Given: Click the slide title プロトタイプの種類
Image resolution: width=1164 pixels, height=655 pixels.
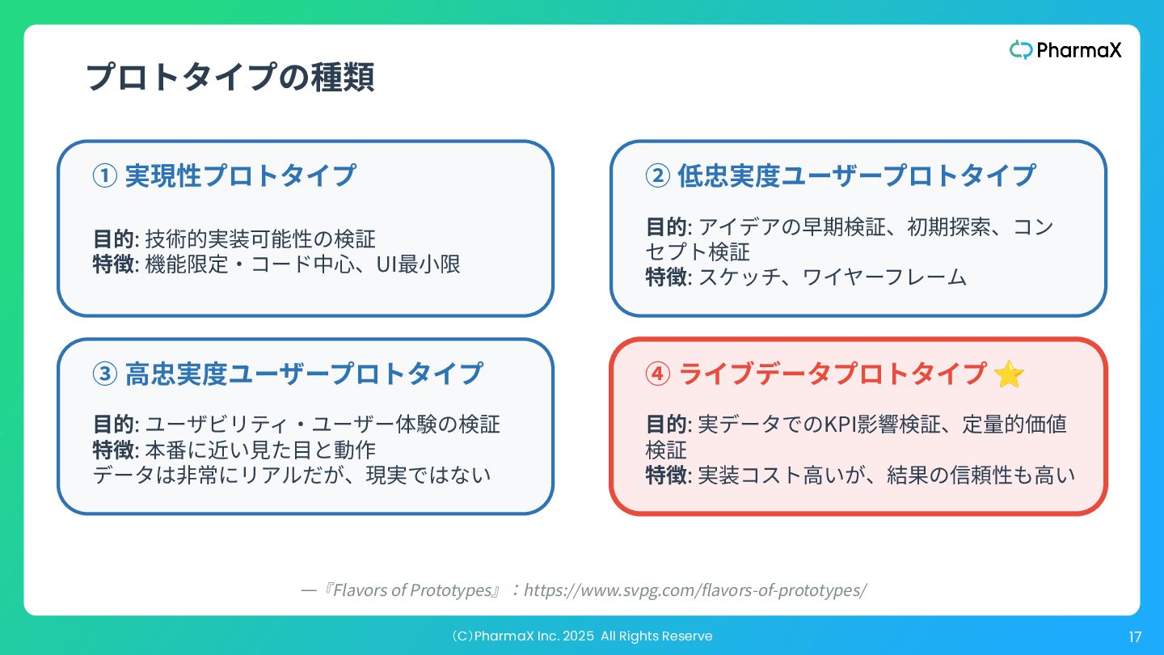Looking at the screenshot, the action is [x=230, y=78].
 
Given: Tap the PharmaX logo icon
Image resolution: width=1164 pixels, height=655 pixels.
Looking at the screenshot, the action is [x=1021, y=50].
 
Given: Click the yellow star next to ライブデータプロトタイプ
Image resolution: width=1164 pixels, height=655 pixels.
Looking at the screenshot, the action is [x=1009, y=374].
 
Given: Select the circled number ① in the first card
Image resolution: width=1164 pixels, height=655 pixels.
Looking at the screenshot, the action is [x=105, y=175].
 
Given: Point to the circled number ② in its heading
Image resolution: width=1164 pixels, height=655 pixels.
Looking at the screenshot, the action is [x=657, y=175].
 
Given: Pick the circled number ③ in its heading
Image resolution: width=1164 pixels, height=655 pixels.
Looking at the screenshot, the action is [x=105, y=374].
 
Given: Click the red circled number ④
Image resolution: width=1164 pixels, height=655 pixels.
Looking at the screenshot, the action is [x=657, y=374].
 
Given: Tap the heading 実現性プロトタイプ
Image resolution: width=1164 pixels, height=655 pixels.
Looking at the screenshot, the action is [x=240, y=175].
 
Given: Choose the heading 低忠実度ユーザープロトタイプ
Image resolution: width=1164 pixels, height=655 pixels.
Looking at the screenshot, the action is [x=856, y=175].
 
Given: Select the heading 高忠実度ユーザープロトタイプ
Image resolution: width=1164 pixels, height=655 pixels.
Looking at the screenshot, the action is [x=304, y=374].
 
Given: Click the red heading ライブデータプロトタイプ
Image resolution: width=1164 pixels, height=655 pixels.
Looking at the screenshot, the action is [x=833, y=374].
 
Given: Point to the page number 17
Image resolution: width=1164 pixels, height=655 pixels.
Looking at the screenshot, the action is [x=1135, y=637].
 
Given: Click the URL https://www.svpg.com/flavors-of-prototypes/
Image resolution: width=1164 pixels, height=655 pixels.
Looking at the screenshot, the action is [x=695, y=590].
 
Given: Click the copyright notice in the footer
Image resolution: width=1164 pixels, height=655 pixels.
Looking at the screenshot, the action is [x=581, y=636].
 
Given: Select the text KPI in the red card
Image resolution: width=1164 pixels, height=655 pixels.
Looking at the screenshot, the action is [x=839, y=424].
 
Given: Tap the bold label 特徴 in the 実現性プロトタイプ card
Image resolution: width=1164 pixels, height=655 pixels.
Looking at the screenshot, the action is [x=114, y=264].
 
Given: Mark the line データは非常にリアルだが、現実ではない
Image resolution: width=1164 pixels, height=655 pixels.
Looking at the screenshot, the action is [x=292, y=475].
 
